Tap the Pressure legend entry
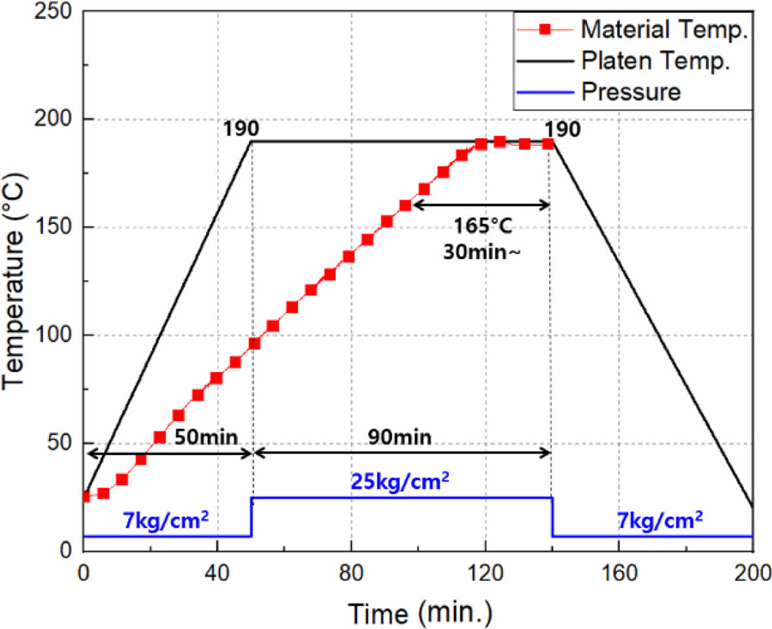(630, 92)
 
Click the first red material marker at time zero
(85, 497)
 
